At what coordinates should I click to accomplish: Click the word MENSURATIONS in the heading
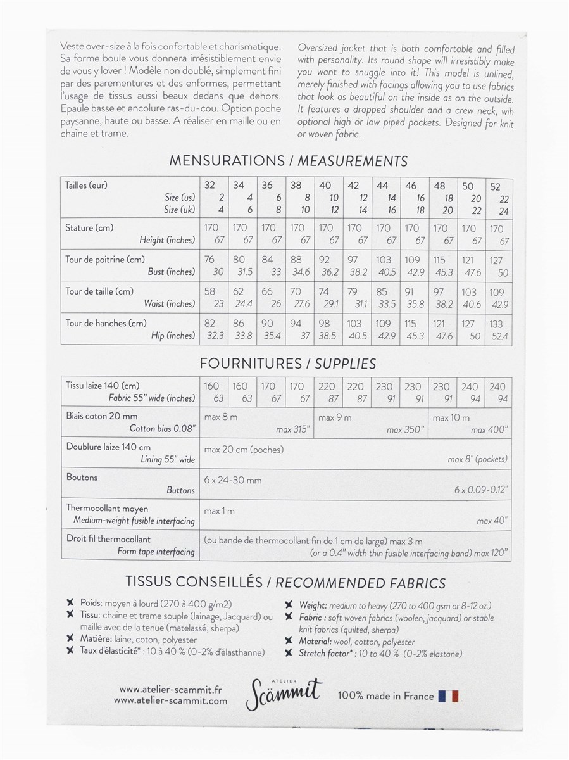point(227,161)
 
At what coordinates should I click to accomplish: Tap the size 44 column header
point(383,186)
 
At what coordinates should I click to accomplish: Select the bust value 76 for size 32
point(210,259)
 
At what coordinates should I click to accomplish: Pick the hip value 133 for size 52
point(497,323)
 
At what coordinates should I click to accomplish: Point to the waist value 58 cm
point(210,291)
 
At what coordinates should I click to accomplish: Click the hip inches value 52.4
point(500,336)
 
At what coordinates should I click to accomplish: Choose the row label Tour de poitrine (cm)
point(105,259)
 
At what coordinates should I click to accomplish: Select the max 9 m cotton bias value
point(335,417)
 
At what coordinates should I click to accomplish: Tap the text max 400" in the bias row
point(488,430)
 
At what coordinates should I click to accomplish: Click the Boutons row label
point(82,477)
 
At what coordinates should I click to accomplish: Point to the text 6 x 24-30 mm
point(233,480)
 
